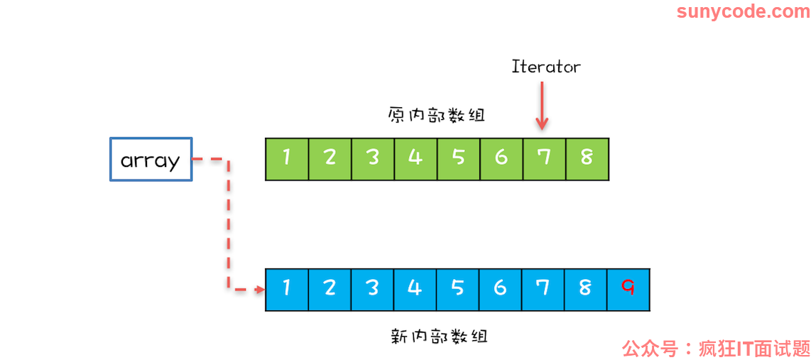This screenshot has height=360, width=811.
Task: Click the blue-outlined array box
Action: [151, 159]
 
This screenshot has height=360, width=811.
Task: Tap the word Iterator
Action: [546, 67]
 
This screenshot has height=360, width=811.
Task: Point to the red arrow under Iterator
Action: [542, 106]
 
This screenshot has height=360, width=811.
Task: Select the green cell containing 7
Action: [544, 159]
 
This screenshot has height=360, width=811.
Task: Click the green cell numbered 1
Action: [287, 159]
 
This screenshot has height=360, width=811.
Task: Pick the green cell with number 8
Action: [587, 159]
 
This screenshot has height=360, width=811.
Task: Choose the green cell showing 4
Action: [415, 159]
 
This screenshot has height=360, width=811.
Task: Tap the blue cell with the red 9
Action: [628, 290]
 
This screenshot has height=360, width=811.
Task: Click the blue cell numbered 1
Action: [287, 290]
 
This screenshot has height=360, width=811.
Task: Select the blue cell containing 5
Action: [458, 290]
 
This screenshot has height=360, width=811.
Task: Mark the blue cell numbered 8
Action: [586, 290]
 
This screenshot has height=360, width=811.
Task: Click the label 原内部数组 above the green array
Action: [437, 114]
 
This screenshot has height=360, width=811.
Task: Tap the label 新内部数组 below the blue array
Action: [440, 337]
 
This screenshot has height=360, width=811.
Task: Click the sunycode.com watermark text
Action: [743, 11]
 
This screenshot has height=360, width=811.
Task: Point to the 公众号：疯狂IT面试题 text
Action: [716, 349]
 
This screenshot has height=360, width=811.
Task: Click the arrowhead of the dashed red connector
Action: [260, 290]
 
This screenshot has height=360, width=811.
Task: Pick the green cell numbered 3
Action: [373, 159]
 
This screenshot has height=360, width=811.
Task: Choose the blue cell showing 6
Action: [500, 290]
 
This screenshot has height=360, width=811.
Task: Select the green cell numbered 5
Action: [459, 159]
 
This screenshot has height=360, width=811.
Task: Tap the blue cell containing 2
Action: [330, 290]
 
